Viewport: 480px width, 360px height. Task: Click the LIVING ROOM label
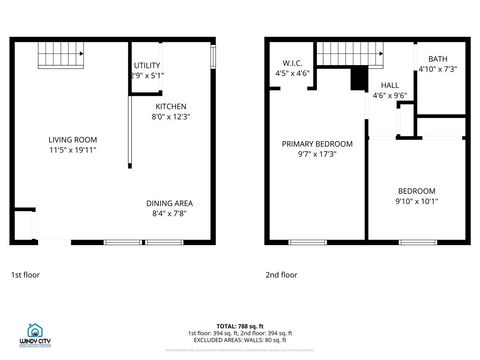[x=73, y=139]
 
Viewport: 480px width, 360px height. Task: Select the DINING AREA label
[x=169, y=203]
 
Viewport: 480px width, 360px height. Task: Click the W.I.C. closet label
[x=291, y=63]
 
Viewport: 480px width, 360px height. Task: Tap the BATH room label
[x=437, y=59]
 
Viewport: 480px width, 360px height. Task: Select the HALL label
[x=389, y=86]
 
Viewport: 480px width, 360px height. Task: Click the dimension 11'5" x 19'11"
[x=73, y=149]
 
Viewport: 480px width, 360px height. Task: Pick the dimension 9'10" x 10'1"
[x=416, y=201]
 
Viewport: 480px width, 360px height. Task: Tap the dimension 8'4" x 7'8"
[x=169, y=213]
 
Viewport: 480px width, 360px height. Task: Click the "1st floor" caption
[x=26, y=274]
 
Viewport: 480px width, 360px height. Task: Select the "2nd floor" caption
[x=281, y=274]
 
